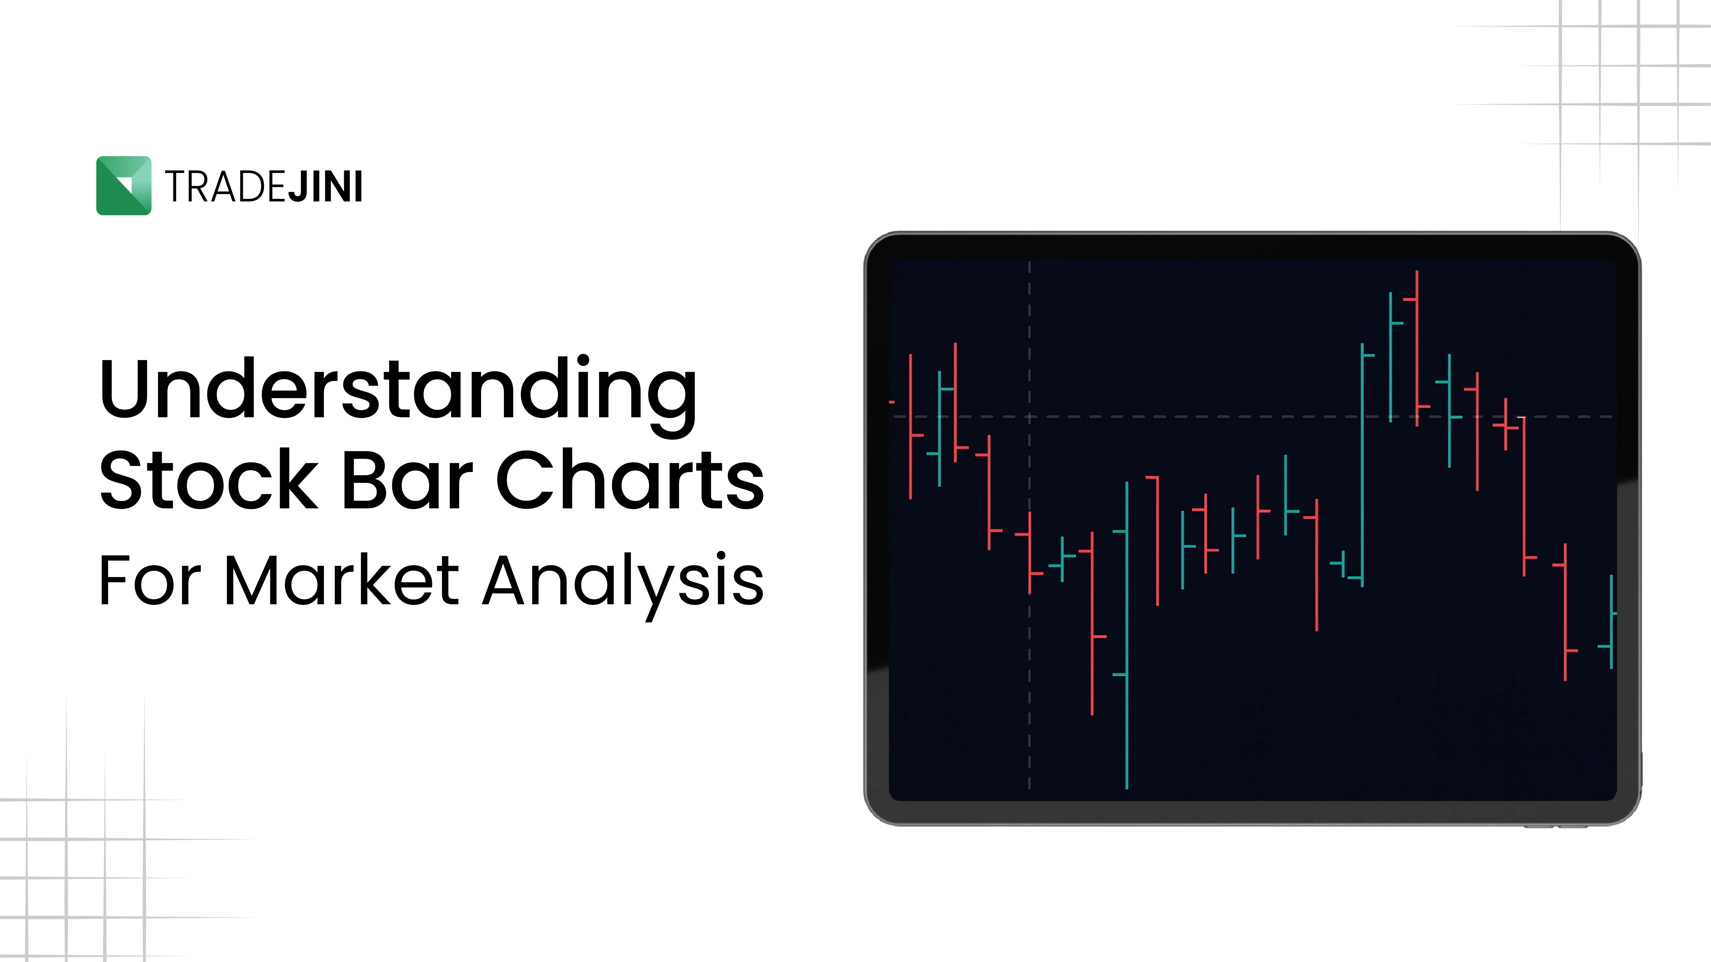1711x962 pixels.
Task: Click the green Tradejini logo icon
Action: coord(123,185)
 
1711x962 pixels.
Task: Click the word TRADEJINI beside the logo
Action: coord(263,187)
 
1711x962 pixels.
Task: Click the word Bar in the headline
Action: coord(407,479)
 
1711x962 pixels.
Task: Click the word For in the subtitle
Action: coord(149,581)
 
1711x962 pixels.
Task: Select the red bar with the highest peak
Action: coord(1417,345)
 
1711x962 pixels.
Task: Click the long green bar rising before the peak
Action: coord(1362,465)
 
